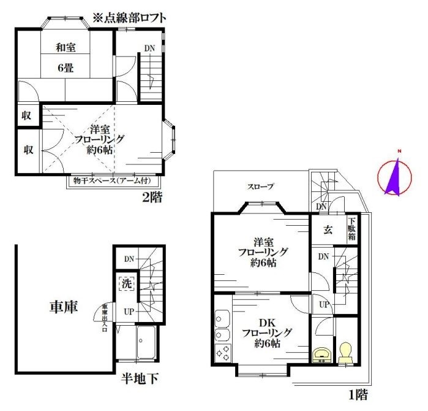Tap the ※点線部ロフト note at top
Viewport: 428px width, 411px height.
(129, 18)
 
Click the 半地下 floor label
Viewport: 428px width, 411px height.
(140, 379)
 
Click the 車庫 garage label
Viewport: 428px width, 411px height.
(62, 307)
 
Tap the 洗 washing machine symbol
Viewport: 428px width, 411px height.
(126, 284)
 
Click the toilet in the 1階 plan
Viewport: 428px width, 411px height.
(345, 353)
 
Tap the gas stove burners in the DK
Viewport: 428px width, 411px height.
(222, 353)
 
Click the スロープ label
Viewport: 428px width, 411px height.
(260, 186)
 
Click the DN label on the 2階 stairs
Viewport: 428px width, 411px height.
(149, 48)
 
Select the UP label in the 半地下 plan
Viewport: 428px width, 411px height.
(129, 311)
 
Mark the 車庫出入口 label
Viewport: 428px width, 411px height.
(105, 318)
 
